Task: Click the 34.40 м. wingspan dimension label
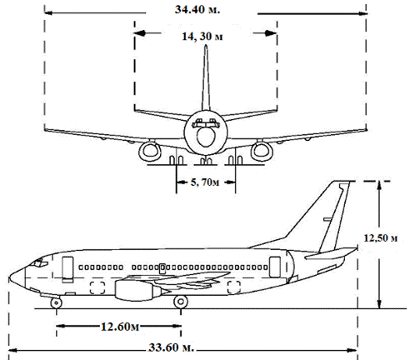tap(197, 9)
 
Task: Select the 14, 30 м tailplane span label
tap(202, 37)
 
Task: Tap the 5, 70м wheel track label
tap(205, 182)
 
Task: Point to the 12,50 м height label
tap(381, 238)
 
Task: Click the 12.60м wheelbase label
tap(120, 327)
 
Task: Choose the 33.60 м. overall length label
tap(171, 347)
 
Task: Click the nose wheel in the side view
tap(56, 303)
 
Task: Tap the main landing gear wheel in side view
tap(181, 302)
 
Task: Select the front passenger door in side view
tap(67, 267)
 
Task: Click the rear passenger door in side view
tap(275, 267)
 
